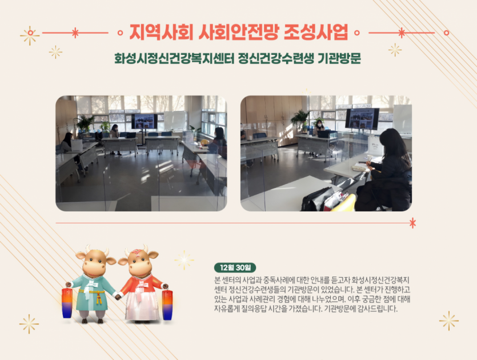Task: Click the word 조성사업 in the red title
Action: point(316,31)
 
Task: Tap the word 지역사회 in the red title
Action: point(162,31)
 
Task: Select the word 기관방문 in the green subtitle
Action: point(339,58)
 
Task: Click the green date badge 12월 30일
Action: point(235,267)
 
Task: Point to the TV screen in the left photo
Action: point(144,121)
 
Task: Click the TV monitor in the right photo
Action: point(362,119)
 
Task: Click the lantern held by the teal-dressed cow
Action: point(67,302)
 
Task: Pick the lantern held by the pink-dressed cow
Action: point(167,305)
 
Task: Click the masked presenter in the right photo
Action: point(319,128)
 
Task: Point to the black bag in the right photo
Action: point(317,199)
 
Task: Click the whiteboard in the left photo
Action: point(175,120)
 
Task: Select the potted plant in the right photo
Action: point(300,119)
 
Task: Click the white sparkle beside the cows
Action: point(184,260)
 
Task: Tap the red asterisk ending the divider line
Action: point(412,223)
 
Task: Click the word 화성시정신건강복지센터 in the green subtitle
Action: point(174,58)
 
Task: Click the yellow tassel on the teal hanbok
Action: point(99,297)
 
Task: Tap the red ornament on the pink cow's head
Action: point(138,251)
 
